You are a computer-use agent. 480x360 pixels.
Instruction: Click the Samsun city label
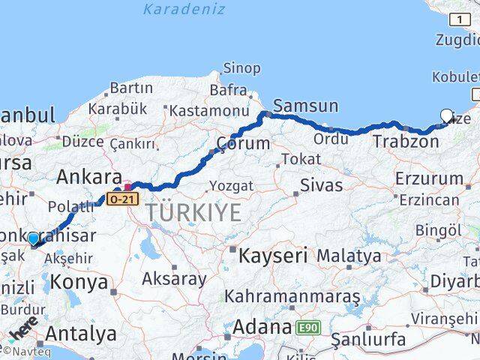pyautogui.click(x=306, y=106)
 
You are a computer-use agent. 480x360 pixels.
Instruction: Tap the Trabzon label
pyautogui.click(x=406, y=141)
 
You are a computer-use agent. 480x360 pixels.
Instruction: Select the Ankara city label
pyautogui.click(x=89, y=178)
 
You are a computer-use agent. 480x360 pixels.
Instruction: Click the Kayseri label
pyautogui.click(x=273, y=256)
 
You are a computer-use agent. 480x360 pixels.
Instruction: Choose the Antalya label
pyautogui.click(x=81, y=332)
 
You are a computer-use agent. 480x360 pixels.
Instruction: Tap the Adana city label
pyautogui.click(x=262, y=327)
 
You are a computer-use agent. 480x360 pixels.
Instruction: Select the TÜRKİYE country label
pyautogui.click(x=194, y=213)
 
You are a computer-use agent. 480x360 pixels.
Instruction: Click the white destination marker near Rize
pyautogui.click(x=447, y=115)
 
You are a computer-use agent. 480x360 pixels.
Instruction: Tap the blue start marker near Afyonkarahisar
pyautogui.click(x=33, y=238)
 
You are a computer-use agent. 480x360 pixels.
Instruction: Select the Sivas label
pyautogui.click(x=320, y=185)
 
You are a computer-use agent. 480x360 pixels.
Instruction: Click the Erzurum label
pyautogui.click(x=429, y=178)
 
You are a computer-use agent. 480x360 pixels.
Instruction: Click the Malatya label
pyautogui.click(x=348, y=256)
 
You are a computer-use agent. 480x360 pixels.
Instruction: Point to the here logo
pyautogui.click(x=23, y=329)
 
